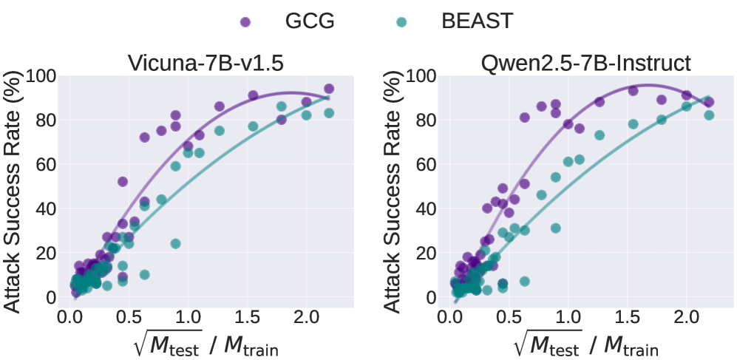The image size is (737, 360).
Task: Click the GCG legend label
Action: point(310,21)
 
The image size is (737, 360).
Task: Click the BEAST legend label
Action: point(477,21)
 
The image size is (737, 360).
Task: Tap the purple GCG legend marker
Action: point(245,21)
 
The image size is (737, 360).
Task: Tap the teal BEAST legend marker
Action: point(401,21)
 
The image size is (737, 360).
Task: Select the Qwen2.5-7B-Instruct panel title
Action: point(586,64)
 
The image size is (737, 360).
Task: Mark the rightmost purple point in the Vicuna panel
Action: point(329,89)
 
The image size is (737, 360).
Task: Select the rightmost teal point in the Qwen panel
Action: point(709,115)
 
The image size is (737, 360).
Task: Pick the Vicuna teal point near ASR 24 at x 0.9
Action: point(175,243)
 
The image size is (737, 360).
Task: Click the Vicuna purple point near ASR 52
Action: point(123,181)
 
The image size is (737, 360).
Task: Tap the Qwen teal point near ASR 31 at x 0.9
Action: point(555,228)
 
